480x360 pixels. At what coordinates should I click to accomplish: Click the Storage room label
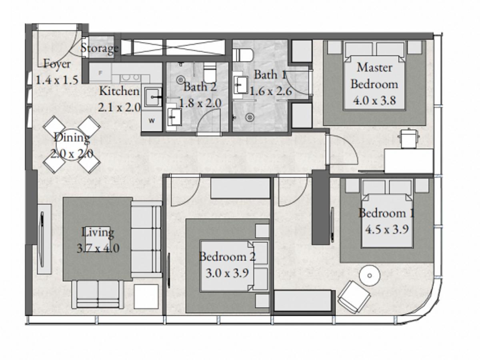[100, 48]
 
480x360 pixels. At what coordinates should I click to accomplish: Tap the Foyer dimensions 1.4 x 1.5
[57, 80]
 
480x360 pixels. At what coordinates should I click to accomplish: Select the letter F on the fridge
[100, 73]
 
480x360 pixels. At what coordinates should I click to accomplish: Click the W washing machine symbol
[152, 120]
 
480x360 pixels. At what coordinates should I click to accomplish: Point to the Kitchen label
[119, 91]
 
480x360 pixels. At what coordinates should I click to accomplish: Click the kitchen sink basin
[153, 97]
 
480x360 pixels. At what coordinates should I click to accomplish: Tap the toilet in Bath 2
[210, 73]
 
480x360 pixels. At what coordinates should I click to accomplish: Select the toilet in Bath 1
[242, 55]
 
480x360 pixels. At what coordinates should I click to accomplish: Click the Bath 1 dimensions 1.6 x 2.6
[270, 91]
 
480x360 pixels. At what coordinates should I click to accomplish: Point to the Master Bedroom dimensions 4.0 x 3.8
[374, 100]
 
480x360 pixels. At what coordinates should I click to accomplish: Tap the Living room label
[98, 232]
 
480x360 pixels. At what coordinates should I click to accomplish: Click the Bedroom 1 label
[386, 213]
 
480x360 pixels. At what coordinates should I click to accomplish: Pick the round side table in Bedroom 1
[370, 276]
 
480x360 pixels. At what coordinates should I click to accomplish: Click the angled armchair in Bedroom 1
[354, 297]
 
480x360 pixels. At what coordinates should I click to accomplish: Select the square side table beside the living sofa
[146, 296]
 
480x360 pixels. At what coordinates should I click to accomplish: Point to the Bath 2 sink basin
[174, 117]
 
